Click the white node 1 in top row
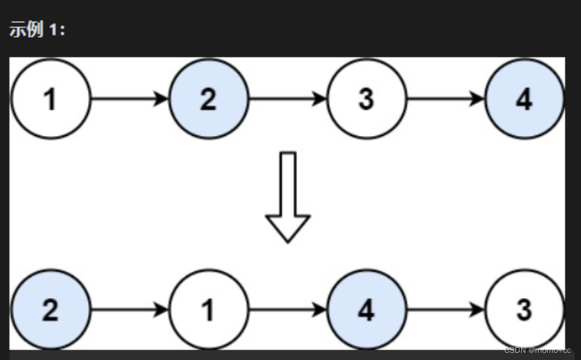[x=50, y=100]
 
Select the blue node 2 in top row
[x=209, y=100]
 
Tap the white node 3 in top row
[x=366, y=100]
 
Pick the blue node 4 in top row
[x=524, y=100]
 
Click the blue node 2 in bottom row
[x=50, y=310]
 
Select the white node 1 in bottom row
[x=209, y=310]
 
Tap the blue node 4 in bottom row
[x=366, y=310]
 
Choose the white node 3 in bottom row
[x=524, y=310]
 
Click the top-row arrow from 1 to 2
[x=129, y=100]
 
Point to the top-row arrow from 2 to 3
[x=287, y=100]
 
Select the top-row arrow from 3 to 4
[x=445, y=100]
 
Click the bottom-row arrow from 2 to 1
[x=129, y=310]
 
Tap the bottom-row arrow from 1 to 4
[x=287, y=310]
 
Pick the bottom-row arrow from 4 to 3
[x=445, y=310]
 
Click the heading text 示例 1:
[x=37, y=31]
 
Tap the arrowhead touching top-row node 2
[x=162, y=100]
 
